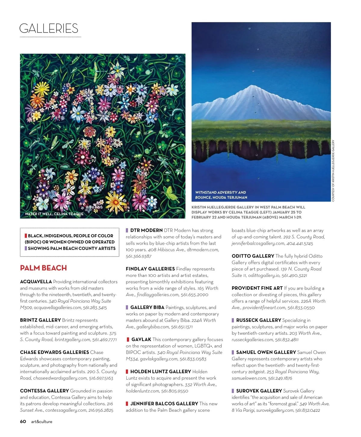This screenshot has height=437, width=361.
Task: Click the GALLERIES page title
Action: point(49,28)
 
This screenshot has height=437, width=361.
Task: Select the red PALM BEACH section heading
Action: point(43,268)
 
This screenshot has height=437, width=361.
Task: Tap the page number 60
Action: point(23,421)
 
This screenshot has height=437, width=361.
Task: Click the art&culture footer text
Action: point(42,422)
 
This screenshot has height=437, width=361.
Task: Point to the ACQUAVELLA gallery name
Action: point(36,281)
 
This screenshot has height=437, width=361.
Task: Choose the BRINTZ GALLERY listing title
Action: point(40,320)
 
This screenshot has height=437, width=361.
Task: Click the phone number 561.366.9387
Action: point(139,256)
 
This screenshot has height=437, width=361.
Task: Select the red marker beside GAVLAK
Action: point(128,339)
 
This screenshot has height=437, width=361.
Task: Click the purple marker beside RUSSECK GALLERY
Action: point(233,320)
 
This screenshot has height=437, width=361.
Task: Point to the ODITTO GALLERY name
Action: point(253,256)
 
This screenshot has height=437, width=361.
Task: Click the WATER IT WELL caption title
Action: point(39,214)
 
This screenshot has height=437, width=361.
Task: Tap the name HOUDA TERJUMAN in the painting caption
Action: point(230,197)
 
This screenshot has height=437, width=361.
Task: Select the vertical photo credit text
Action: point(333,171)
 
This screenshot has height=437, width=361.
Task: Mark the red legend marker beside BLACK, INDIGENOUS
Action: point(26,236)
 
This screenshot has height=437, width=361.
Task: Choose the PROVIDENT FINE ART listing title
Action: point(257,288)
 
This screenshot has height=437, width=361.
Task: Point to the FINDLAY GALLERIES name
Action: point(150,269)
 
